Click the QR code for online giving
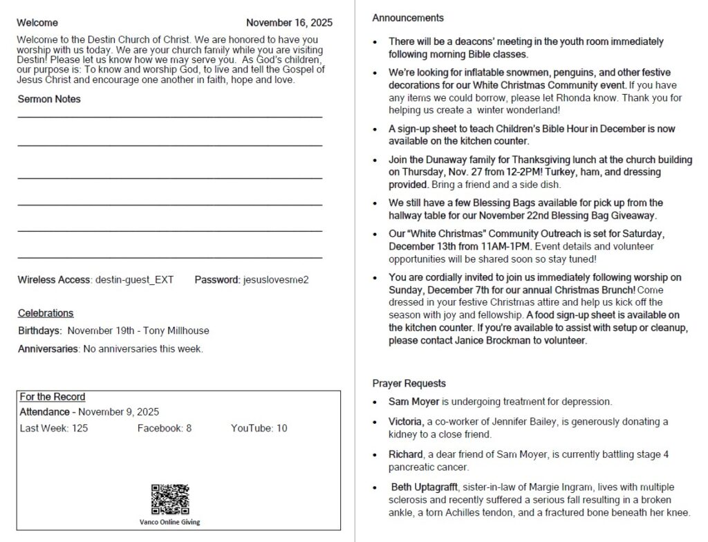[169, 499]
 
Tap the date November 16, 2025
[289, 23]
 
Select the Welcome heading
[37, 23]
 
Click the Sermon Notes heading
[49, 99]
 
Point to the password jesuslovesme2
[276, 280]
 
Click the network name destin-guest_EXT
[134, 280]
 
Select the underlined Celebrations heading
[46, 313]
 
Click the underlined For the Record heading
[53, 397]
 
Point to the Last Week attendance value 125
[80, 429]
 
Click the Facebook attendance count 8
[189, 429]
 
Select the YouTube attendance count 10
[281, 429]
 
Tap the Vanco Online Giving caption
[169, 522]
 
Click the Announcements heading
[408, 18]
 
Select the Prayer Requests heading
[409, 384]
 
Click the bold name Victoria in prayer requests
[405, 422]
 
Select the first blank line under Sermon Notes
[169, 116]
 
